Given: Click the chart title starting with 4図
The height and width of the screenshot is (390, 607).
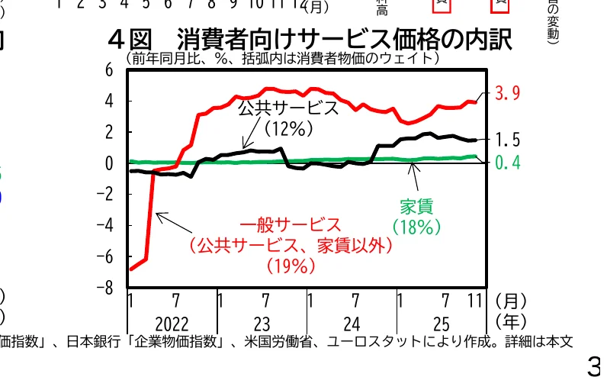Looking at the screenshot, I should (310, 39).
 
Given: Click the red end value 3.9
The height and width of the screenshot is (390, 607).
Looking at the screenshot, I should (507, 94).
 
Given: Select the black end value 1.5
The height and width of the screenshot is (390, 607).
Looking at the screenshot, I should (507, 140).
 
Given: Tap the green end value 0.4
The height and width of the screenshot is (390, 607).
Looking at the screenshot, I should (507, 163).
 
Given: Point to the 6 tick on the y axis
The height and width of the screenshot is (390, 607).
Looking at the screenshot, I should (109, 69).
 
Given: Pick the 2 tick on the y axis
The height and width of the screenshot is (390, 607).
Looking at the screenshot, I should (109, 132).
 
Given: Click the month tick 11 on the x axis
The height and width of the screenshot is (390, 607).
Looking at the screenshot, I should (475, 300).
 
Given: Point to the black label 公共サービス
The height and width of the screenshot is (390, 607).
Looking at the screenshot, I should (288, 108).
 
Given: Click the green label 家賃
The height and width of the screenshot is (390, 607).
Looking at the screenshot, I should (416, 206).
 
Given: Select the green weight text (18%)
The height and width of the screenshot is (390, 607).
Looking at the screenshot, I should (416, 227).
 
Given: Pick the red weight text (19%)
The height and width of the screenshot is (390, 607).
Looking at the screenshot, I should (291, 266).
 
